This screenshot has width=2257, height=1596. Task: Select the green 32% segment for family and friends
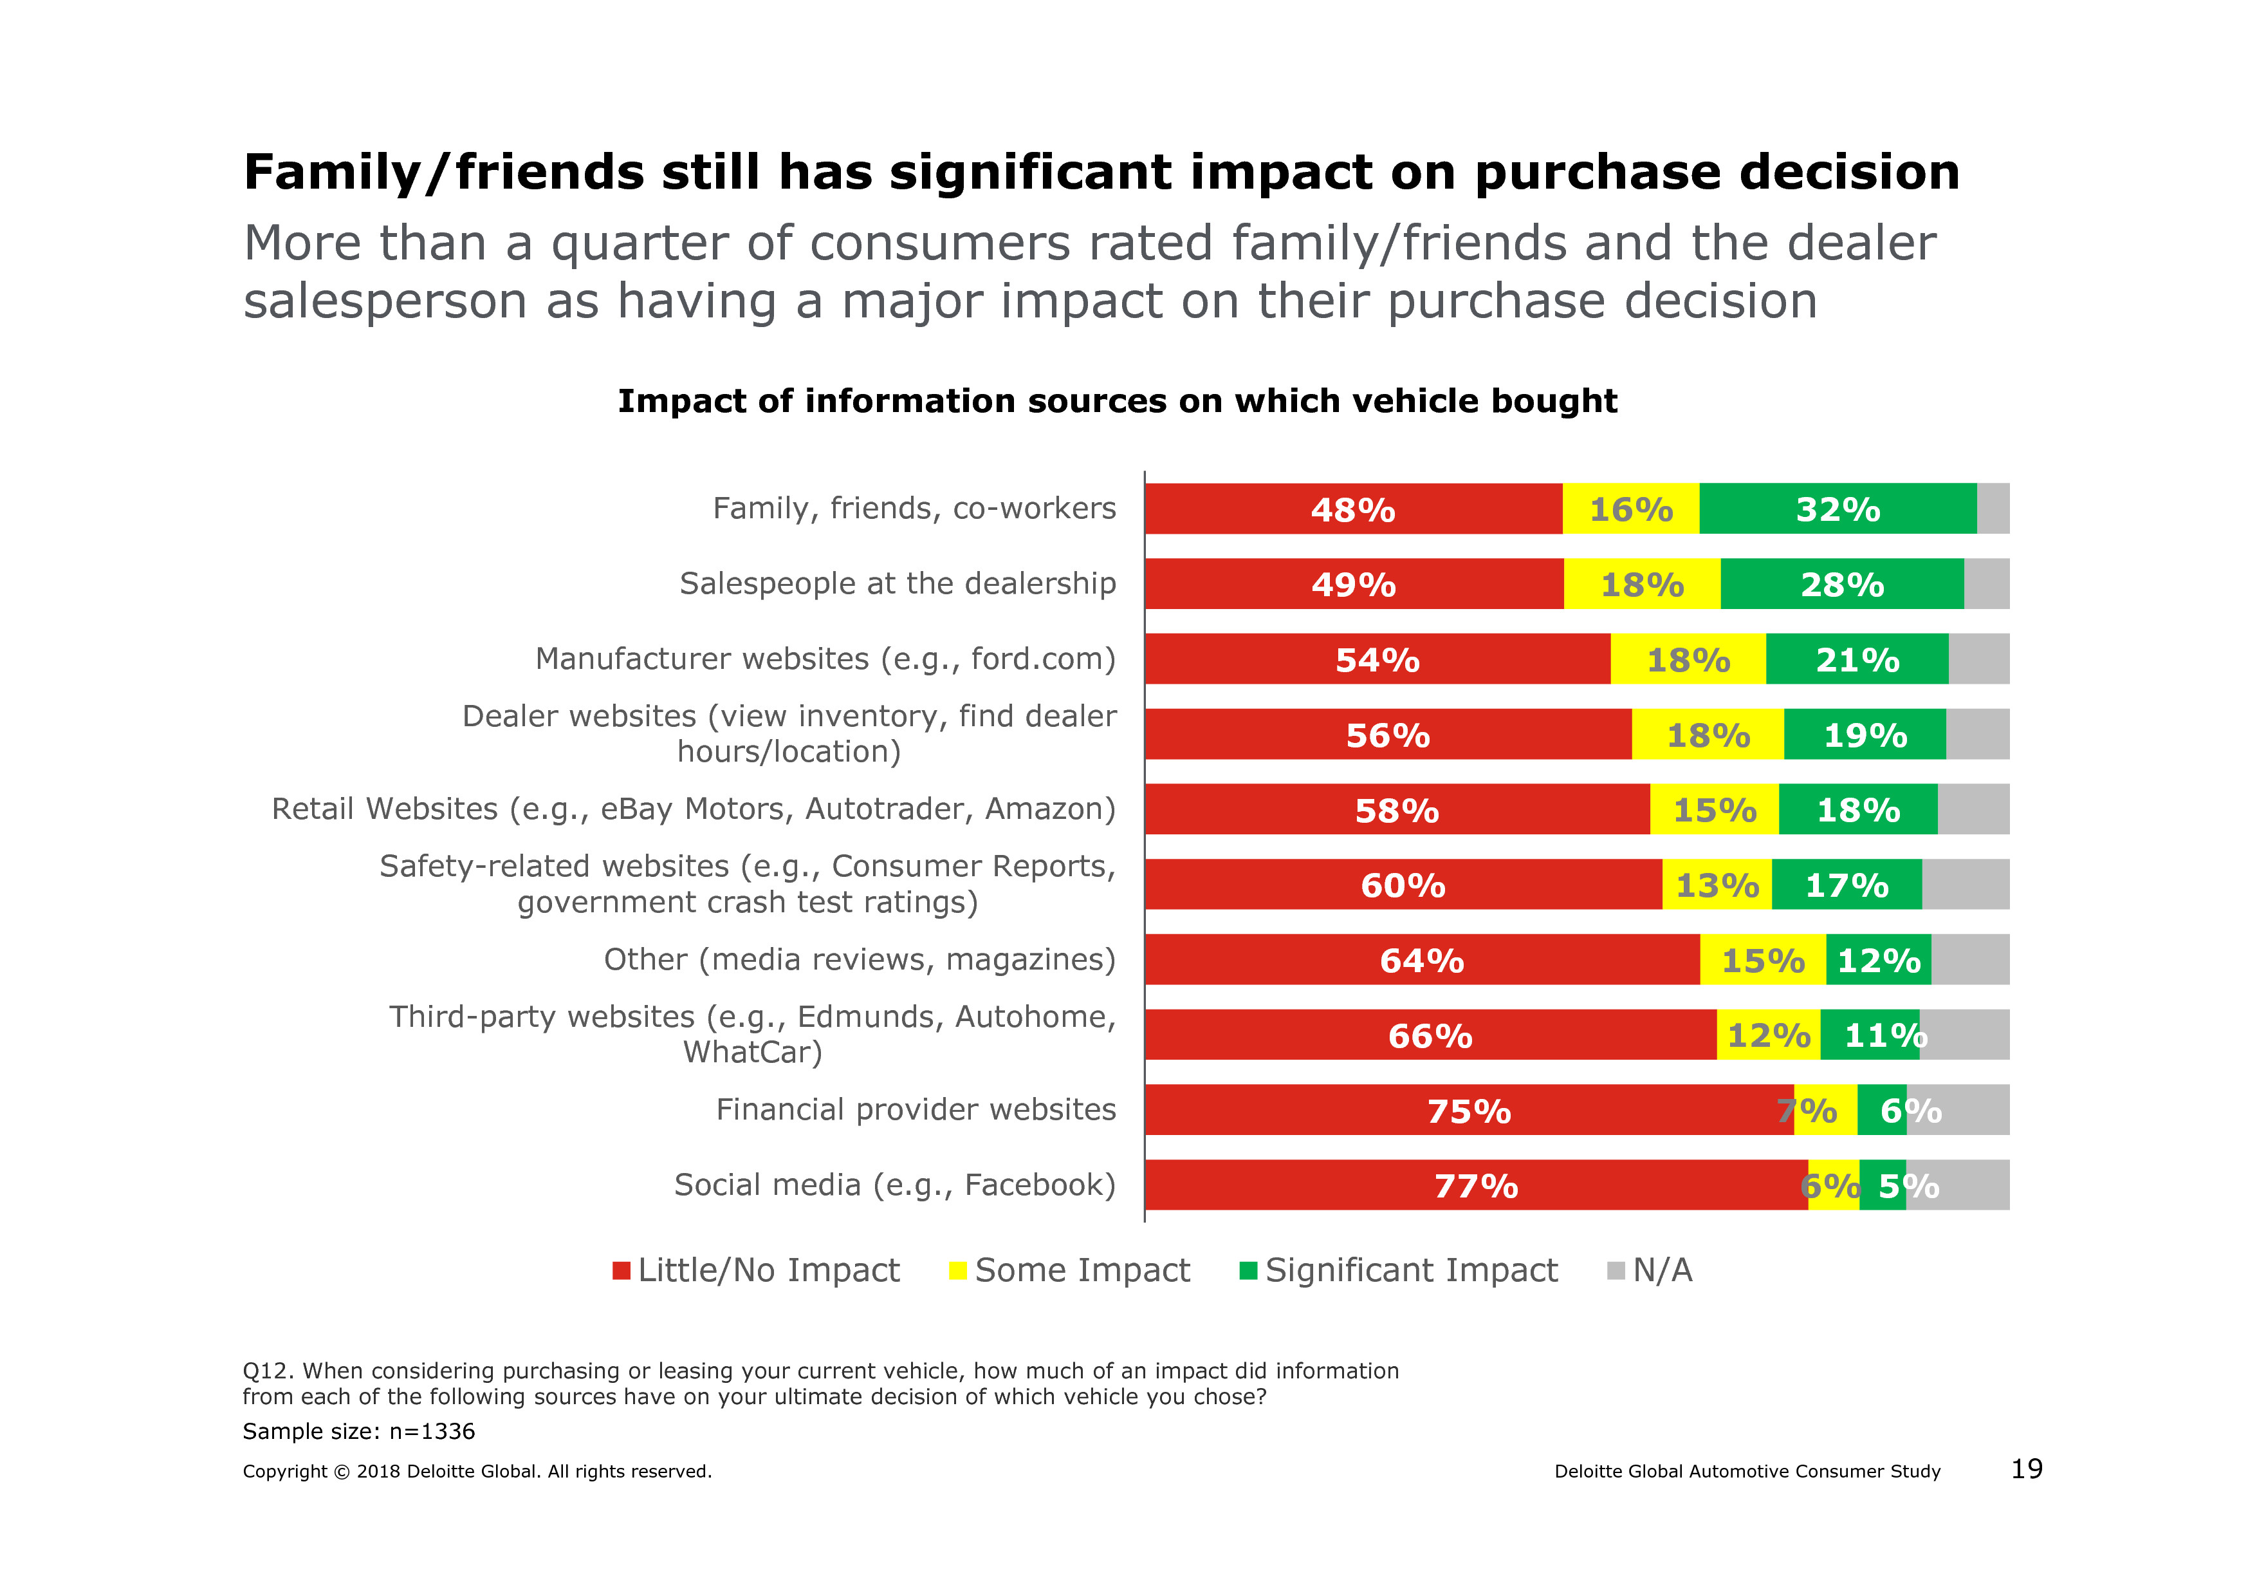(1838, 509)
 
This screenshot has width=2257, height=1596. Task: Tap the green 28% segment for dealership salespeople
(1841, 584)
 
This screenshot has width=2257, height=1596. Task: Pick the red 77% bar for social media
(1475, 1185)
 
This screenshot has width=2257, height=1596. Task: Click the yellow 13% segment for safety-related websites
(1717, 885)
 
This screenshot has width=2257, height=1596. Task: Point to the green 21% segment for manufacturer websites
(1856, 659)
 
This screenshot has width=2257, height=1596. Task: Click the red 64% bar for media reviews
(1421, 960)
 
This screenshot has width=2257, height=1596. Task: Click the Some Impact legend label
(1082, 1270)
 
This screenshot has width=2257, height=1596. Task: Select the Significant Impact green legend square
(1248, 1270)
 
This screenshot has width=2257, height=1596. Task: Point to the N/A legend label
(1663, 1270)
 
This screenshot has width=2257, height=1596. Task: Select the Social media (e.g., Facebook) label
(894, 1185)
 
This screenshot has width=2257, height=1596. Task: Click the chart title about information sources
(1117, 401)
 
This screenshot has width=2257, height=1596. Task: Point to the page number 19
(2027, 1469)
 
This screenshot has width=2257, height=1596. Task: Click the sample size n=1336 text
(359, 1431)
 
